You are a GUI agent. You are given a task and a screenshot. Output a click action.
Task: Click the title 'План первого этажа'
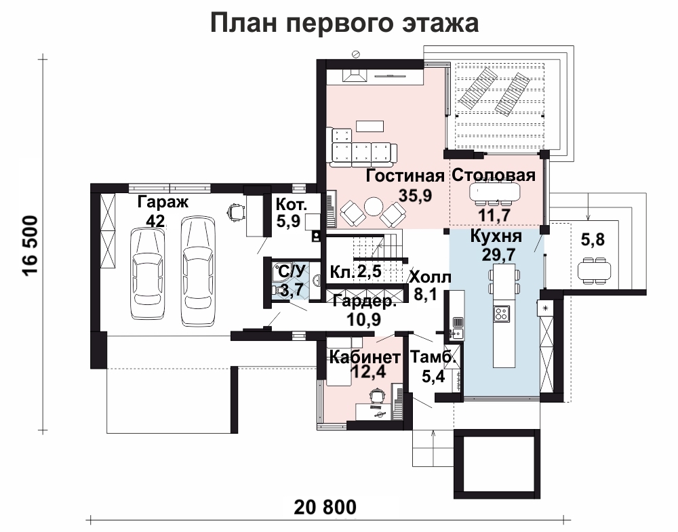click(x=344, y=23)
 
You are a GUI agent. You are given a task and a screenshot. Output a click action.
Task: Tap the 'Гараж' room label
click(x=163, y=201)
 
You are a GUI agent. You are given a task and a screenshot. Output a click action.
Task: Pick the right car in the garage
click(x=198, y=270)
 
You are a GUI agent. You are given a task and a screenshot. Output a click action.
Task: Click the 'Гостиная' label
click(x=405, y=176)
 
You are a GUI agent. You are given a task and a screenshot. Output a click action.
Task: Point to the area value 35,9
click(x=415, y=196)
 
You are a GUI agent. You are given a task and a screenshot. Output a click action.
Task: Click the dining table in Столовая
click(x=495, y=191)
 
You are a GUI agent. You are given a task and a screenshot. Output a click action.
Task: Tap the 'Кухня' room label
click(x=496, y=237)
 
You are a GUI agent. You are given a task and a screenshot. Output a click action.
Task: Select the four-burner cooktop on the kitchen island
click(x=502, y=313)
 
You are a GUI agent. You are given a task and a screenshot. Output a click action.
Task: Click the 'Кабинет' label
click(x=365, y=357)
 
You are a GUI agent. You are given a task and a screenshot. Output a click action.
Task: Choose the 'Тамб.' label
click(x=433, y=357)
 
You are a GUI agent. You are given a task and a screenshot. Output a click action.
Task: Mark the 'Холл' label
click(x=431, y=277)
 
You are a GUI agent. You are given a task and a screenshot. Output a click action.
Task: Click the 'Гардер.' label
click(x=365, y=302)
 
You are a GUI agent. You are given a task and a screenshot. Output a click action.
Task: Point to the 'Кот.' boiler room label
click(x=292, y=205)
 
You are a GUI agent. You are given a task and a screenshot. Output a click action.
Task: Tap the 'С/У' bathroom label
click(x=292, y=272)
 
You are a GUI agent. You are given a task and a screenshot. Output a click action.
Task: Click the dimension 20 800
click(x=325, y=506)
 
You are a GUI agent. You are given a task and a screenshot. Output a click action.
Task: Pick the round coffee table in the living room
click(x=373, y=207)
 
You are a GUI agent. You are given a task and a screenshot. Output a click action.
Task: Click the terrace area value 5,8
click(x=593, y=239)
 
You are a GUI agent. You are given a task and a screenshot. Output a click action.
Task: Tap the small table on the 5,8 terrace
click(x=595, y=270)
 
